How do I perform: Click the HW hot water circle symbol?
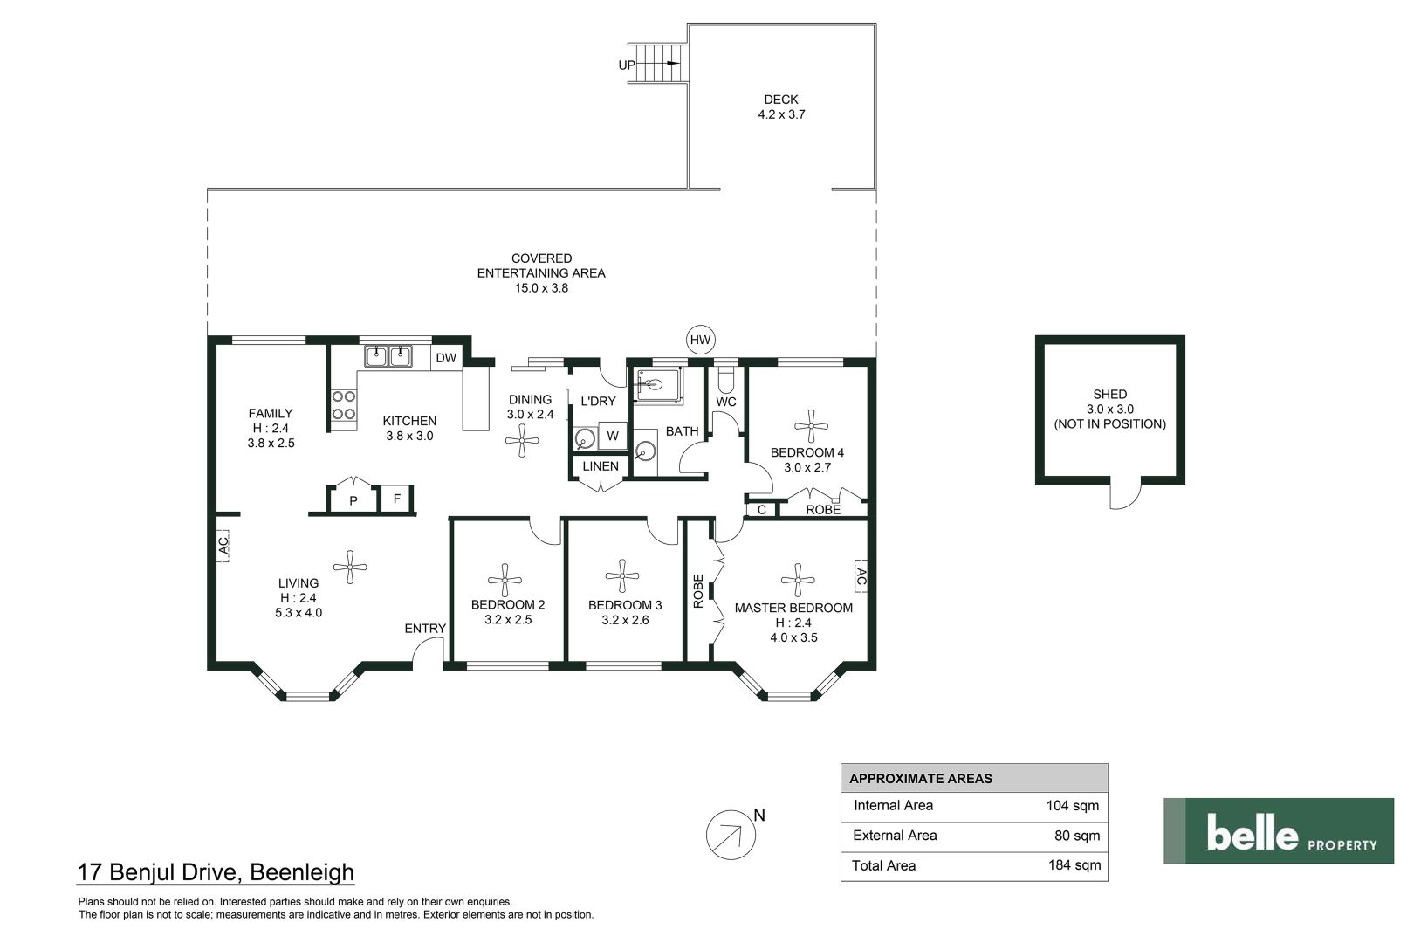click(x=700, y=340)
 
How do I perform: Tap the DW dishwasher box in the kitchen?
click(x=446, y=358)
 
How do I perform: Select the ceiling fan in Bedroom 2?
click(x=505, y=581)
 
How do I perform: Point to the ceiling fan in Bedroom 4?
click(x=811, y=426)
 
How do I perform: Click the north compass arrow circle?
click(x=731, y=835)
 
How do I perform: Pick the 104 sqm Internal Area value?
click(x=1073, y=806)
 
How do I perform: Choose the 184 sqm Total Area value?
click(x=1074, y=865)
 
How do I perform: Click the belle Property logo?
click(x=1279, y=830)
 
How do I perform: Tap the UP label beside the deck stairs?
click(x=626, y=65)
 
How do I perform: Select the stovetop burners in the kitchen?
click(x=344, y=405)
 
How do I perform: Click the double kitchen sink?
click(x=388, y=356)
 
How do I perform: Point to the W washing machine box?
click(x=613, y=436)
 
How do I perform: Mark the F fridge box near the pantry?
click(x=397, y=499)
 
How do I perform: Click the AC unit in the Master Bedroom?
click(x=861, y=576)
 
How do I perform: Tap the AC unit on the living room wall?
click(x=223, y=546)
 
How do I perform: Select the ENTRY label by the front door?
click(x=425, y=629)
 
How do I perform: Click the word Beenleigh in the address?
click(x=302, y=872)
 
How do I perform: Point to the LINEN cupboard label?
click(x=601, y=466)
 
